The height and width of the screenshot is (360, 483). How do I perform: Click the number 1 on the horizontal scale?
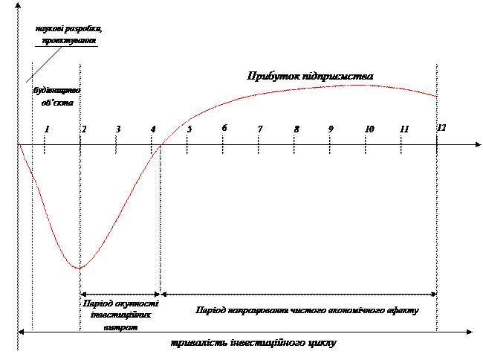click(47, 129)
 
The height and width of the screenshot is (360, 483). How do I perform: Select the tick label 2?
click(84, 129)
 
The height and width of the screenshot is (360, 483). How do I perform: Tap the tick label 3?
click(119, 129)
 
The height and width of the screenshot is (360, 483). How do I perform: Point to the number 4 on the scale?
click(153, 129)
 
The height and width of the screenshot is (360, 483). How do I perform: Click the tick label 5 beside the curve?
click(189, 129)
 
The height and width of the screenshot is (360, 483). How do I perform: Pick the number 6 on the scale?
click(224, 129)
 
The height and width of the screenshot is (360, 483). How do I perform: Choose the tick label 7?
click(259, 129)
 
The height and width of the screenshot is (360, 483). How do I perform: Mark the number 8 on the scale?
click(296, 129)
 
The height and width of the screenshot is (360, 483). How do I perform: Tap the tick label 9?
click(331, 129)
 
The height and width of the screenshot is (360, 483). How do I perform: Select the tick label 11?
click(403, 129)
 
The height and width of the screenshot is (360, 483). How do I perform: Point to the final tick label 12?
click(441, 129)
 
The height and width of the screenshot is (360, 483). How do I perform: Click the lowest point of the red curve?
click(78, 268)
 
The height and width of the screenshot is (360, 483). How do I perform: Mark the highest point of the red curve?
click(358, 86)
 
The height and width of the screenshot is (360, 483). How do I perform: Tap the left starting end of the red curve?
click(19, 144)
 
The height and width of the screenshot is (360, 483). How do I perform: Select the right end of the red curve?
click(436, 97)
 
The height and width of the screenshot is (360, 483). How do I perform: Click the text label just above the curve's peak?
click(311, 77)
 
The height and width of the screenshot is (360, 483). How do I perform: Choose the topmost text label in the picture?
click(68, 34)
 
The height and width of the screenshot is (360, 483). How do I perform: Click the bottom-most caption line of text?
click(253, 343)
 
